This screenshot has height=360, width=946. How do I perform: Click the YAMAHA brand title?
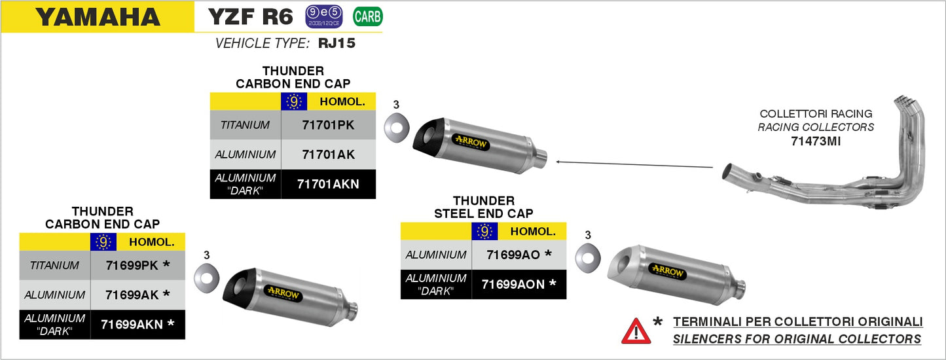pos(98,16)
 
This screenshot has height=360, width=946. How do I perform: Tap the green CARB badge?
pos(367,16)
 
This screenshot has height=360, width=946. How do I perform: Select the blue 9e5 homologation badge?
pos(324,16)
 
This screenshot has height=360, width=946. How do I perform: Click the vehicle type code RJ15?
pos(336,44)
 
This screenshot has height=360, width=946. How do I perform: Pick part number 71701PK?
pos(328,124)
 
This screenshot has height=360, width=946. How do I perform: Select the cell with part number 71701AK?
pos(328,154)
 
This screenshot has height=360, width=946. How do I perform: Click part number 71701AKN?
pos(328,184)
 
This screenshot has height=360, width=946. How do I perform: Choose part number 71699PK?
pos(137,265)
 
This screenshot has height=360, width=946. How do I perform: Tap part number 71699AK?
pos(137,295)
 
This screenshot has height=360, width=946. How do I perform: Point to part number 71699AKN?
pos(137,323)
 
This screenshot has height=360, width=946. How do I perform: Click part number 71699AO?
pos(518,254)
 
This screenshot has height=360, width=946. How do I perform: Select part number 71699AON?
pos(518,284)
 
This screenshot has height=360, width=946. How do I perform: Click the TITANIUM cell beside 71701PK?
pos(245,124)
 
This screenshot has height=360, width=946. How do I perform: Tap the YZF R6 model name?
pos(250,16)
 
